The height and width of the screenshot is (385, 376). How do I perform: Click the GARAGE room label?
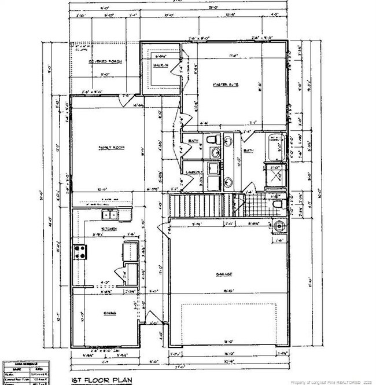pyautogui.click(x=226, y=274)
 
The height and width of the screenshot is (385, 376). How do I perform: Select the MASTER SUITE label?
pyautogui.click(x=226, y=86)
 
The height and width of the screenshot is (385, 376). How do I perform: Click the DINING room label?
pyautogui.click(x=110, y=313)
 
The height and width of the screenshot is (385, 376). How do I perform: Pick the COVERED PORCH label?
pyautogui.click(x=105, y=61)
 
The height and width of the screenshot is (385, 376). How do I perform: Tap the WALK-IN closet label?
pyautogui.click(x=160, y=65)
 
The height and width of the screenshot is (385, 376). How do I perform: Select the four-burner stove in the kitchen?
pyautogui.click(x=80, y=252)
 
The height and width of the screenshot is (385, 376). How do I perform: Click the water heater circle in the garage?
pyautogui.click(x=279, y=225)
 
